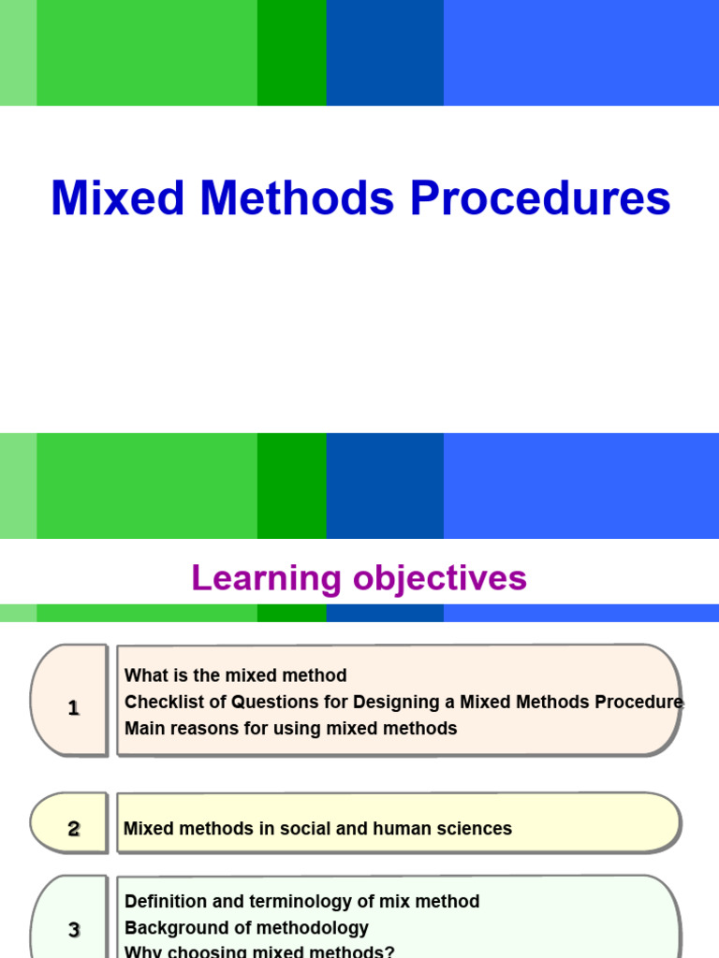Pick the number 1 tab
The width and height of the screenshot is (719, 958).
73,708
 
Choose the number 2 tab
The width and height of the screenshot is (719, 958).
73,828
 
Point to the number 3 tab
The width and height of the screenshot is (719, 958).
73,929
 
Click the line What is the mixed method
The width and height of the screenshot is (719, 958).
235,675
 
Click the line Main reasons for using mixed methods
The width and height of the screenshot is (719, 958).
290,728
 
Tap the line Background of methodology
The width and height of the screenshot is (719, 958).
246,928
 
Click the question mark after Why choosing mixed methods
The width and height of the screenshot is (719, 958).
389,951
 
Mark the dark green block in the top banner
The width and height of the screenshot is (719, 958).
291,52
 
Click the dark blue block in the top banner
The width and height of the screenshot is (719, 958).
385,52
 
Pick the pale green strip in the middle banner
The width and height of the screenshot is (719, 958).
18,486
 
